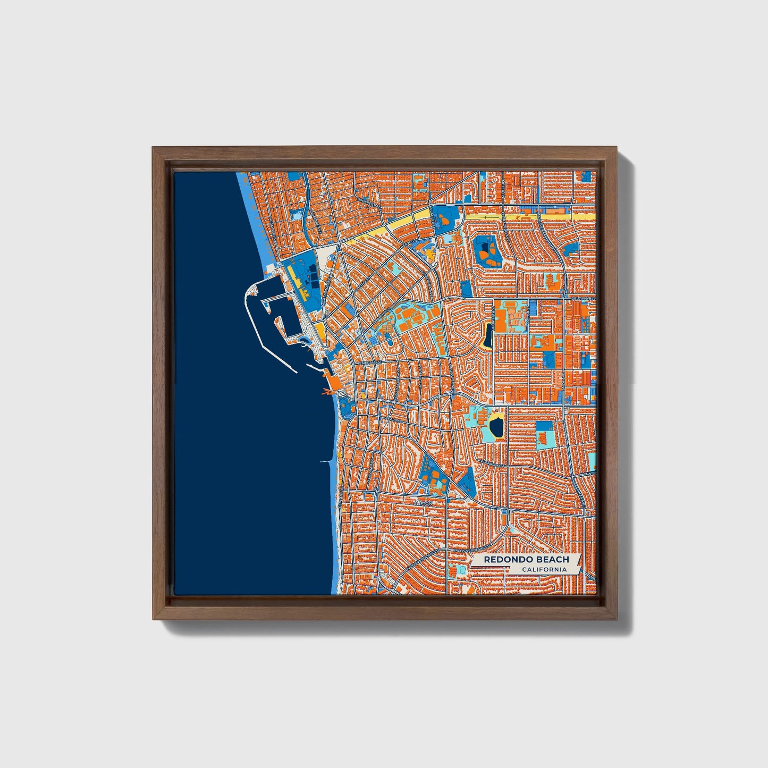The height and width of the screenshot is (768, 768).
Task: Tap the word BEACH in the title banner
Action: pyautogui.click(x=552, y=560)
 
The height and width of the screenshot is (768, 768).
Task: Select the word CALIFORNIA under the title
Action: pyautogui.click(x=544, y=570)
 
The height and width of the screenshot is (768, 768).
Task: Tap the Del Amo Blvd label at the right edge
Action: pyautogui.click(x=584, y=299)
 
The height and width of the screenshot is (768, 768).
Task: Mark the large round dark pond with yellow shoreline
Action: pyautogui.click(x=496, y=426)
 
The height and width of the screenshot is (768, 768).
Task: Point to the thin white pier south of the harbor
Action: pyautogui.click(x=325, y=461)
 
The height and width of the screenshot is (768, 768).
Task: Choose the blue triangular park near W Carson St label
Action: pyautogui.click(x=468, y=480)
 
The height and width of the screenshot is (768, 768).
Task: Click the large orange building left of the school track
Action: pyautogui.click(x=500, y=322)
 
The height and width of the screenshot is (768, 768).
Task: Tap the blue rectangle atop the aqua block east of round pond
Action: pyautogui.click(x=544, y=427)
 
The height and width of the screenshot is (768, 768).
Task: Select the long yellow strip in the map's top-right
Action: pyautogui.click(x=531, y=217)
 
